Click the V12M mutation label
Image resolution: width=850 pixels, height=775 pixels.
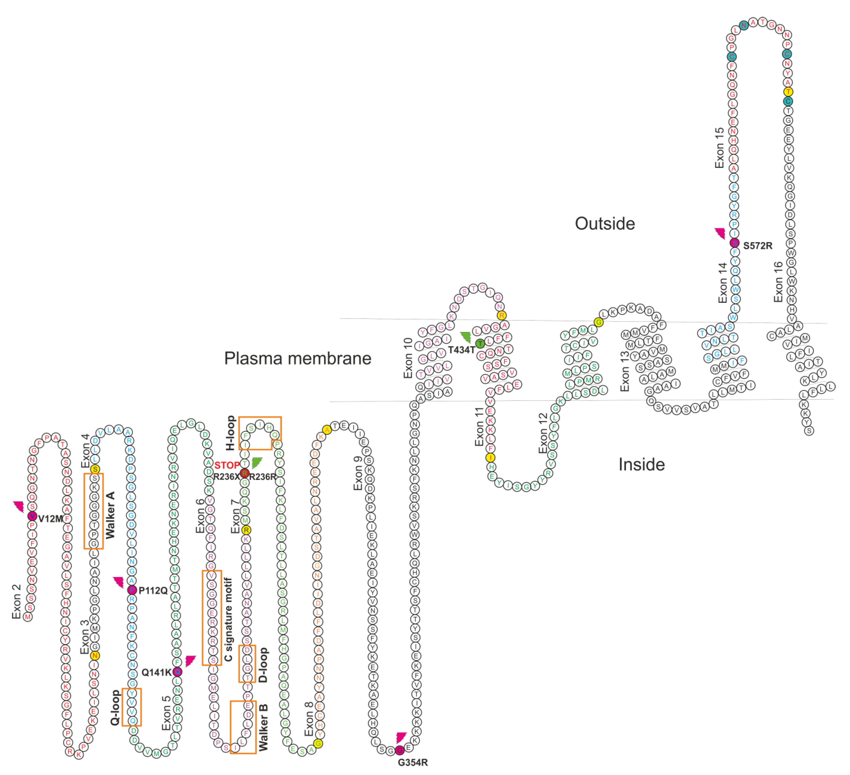(51, 519)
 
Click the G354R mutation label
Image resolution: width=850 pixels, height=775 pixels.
(413, 762)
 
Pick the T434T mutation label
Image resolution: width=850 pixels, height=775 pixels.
(461, 350)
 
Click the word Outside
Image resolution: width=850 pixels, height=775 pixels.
(605, 224)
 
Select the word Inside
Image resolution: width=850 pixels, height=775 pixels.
(641, 464)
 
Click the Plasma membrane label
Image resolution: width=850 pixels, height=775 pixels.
(298, 358)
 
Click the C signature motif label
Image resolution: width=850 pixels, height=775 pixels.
(228, 619)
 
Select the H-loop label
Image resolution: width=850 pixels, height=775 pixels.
(230, 432)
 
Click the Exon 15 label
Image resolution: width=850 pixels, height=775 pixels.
(719, 148)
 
